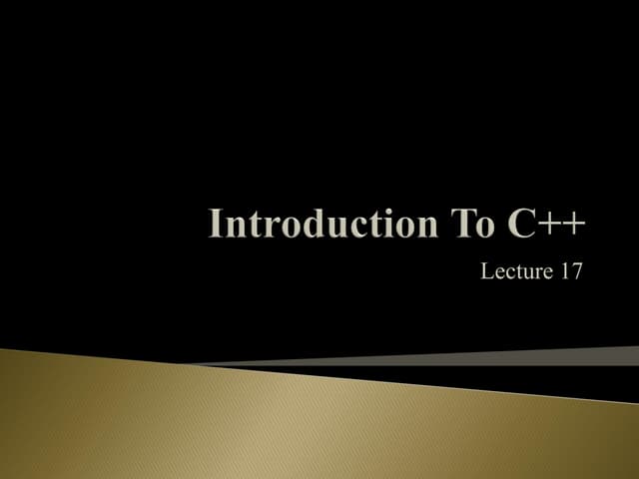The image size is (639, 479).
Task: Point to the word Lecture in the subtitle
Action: tap(515, 270)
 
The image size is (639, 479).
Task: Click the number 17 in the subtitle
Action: tap(571, 270)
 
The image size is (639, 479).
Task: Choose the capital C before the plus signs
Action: tap(510, 225)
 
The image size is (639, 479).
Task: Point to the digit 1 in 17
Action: tap(565, 270)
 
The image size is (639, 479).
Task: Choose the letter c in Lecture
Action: tap(506, 272)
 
